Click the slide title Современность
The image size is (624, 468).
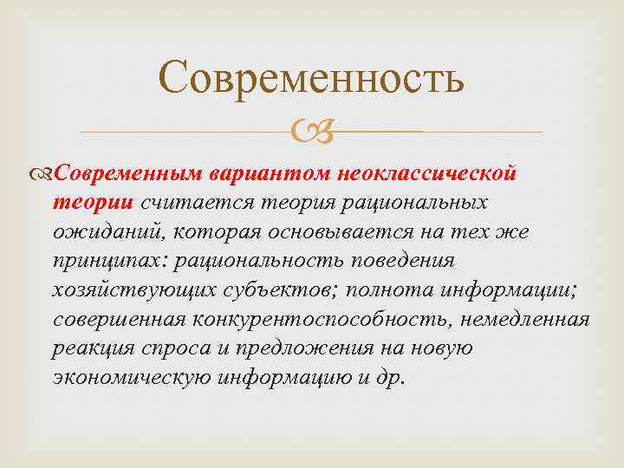pyautogui.click(x=312, y=78)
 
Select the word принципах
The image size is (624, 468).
pyautogui.click(x=110, y=261)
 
